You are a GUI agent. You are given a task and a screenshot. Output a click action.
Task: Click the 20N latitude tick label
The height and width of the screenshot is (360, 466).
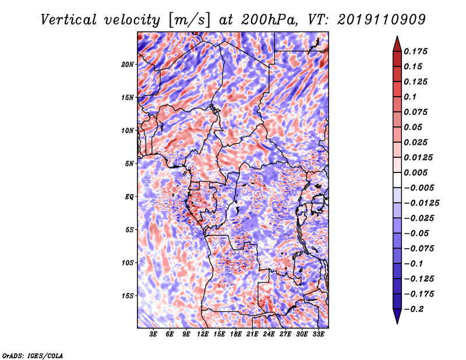[128, 64]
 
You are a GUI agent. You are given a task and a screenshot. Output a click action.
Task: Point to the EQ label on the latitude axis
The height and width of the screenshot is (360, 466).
[130, 197]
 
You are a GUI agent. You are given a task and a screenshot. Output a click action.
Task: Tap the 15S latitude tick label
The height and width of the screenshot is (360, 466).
[128, 296]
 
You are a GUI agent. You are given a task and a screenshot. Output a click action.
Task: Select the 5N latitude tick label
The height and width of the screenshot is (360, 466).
[129, 164]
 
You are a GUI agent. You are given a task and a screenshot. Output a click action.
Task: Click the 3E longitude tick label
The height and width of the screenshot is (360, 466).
[153, 334]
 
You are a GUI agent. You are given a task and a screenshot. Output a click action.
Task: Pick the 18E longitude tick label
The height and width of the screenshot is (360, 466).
[236, 334]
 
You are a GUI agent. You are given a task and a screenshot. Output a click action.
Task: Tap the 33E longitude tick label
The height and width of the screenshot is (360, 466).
[319, 334]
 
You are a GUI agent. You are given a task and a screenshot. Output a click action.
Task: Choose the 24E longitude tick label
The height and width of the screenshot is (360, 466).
[269, 334]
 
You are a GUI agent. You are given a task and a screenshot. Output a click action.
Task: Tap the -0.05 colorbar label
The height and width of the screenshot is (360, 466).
[417, 234]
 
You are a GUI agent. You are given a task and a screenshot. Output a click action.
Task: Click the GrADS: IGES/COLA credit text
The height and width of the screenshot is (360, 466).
[33, 355]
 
